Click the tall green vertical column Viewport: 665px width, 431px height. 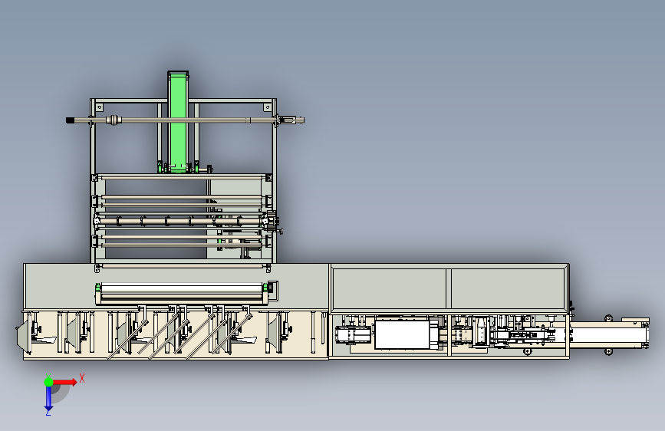[178, 121]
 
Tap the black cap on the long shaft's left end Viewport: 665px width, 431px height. [70, 120]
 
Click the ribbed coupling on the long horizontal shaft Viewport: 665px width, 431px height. [114, 120]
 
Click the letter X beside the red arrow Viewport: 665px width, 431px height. [82, 378]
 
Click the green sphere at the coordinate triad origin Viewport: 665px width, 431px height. [48, 382]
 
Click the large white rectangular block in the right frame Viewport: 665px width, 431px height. [402, 334]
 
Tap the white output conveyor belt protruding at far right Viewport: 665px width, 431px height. [608, 335]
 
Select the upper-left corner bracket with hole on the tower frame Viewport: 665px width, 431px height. [100, 107]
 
